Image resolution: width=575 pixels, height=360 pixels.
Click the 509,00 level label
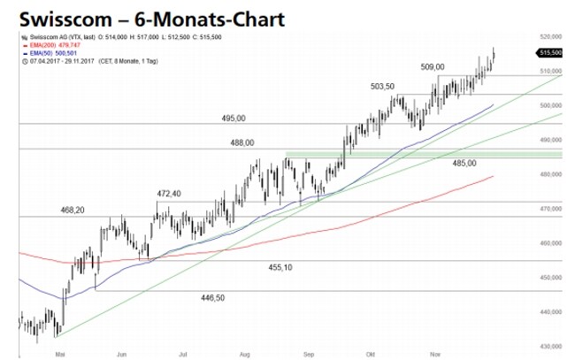[433, 66]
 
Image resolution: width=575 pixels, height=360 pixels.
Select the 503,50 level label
[382, 86]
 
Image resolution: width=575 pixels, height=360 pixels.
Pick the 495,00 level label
[234, 119]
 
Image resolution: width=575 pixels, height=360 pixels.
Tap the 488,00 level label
[241, 142]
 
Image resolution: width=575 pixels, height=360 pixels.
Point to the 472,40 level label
[168, 194]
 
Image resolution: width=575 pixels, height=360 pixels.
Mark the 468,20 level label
[73, 210]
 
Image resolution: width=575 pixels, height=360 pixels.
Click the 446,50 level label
[214, 298]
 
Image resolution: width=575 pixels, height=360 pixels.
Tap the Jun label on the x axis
[120, 352]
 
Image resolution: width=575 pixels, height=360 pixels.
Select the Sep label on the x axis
[309, 352]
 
